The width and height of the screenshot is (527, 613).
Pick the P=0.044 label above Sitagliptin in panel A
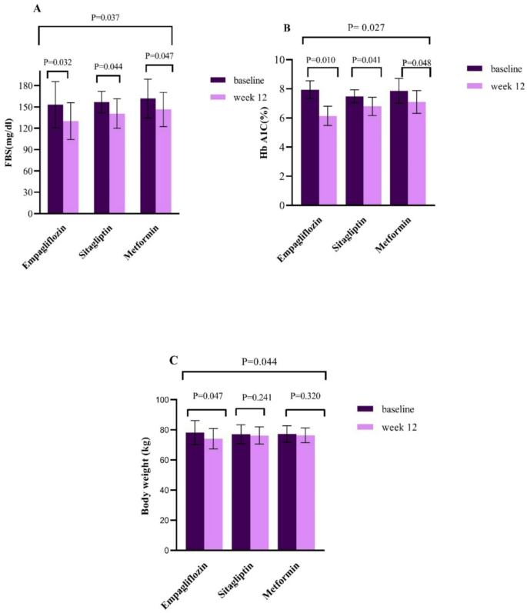tap(109, 67)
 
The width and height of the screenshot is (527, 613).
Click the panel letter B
tap(286, 28)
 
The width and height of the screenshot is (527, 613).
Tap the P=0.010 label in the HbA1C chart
tap(322, 60)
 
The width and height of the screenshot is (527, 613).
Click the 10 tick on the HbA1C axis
tap(289, 60)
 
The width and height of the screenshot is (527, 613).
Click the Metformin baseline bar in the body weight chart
tap(286, 491)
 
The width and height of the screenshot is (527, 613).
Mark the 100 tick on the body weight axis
tap(162, 400)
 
